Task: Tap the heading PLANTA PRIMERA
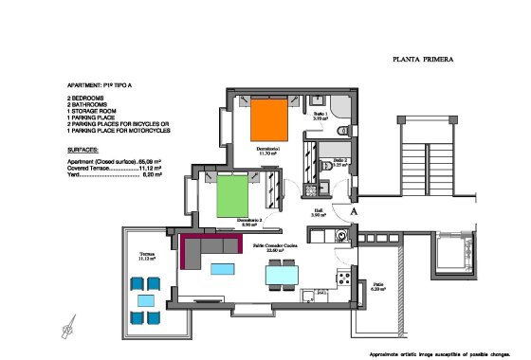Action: (x=423, y=59)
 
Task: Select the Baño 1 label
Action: (x=320, y=115)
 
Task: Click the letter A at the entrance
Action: (x=354, y=213)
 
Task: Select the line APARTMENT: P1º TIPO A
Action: (x=105, y=84)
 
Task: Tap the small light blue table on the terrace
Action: (x=145, y=300)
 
